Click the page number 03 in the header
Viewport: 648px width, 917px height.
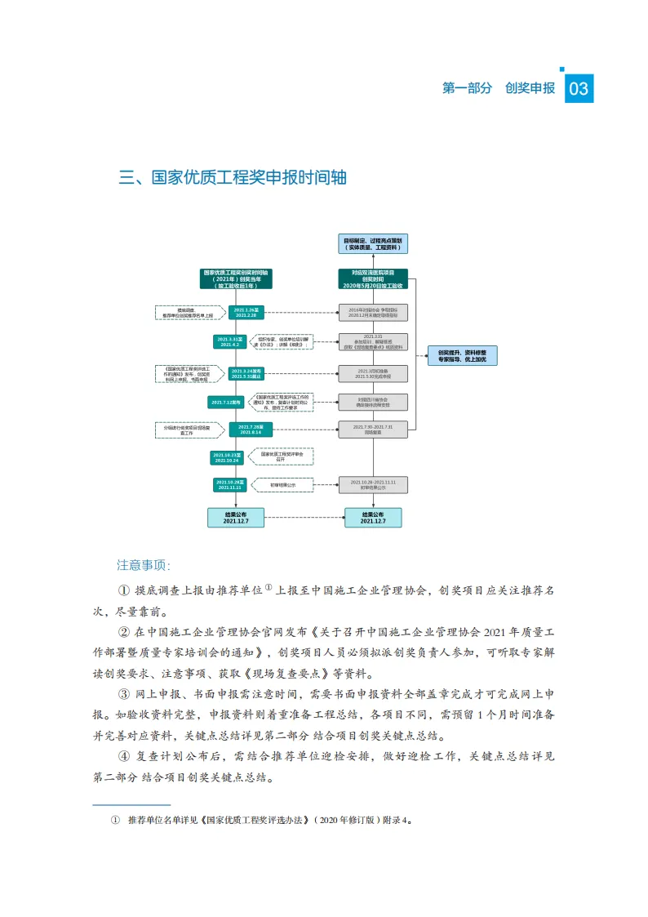point(579,89)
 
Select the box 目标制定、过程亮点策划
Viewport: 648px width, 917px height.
point(373,243)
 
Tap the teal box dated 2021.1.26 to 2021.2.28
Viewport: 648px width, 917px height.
point(245,313)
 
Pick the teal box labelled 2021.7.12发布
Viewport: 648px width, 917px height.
point(225,402)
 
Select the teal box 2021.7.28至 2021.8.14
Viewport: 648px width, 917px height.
point(245,430)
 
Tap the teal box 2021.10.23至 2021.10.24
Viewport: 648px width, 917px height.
point(226,457)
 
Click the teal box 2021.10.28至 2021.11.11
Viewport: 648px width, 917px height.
point(229,485)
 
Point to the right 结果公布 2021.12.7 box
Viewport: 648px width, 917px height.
point(373,517)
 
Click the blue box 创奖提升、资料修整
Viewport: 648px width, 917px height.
point(462,355)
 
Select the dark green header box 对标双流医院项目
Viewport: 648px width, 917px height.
point(373,278)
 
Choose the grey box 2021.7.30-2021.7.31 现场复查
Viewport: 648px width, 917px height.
point(373,430)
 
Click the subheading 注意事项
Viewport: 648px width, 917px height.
point(144,564)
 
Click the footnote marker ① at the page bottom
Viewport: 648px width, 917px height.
point(115,820)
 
